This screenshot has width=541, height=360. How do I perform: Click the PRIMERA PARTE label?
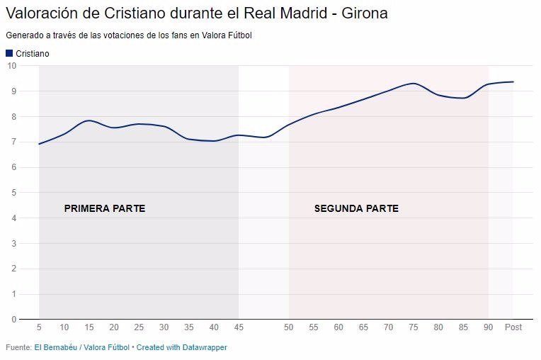coord(105,209)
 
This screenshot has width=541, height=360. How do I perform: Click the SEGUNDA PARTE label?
coord(356,209)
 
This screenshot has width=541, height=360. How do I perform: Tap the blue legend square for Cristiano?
coord(9,53)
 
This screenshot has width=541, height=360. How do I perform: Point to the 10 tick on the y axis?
coord(11,66)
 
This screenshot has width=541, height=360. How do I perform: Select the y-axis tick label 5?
coord(13,193)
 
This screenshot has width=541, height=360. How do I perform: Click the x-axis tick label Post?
coord(513,327)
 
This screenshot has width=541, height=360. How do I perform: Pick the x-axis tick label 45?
coord(239,327)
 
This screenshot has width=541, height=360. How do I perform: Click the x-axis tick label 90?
coord(488,327)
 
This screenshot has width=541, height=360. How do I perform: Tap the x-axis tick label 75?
coord(414,327)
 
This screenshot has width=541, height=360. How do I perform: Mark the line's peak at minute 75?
coord(414,84)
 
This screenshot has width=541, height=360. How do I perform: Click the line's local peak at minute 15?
coord(89,120)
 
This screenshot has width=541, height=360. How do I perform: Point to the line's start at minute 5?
coord(39,144)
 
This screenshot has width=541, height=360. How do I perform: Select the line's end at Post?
coord(513,81)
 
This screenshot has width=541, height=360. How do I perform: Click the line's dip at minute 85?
coord(464,98)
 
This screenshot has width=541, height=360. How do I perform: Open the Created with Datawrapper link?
coord(182,347)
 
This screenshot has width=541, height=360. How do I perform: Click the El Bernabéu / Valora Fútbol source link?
coord(82,347)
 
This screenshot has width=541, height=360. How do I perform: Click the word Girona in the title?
coord(365,13)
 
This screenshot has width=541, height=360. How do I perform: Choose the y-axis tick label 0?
coord(13,320)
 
